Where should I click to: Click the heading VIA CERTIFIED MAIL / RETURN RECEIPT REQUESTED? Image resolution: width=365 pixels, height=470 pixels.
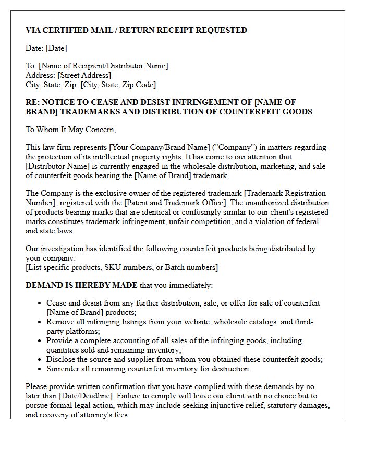point(136,30)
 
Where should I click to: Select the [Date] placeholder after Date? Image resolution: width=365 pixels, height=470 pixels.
point(56,49)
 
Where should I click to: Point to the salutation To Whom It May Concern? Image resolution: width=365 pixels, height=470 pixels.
point(70,130)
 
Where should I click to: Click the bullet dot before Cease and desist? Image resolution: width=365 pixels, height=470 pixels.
point(40,303)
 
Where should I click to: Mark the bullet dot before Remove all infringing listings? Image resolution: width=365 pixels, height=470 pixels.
point(40,322)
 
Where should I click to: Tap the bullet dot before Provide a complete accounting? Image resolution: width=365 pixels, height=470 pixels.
point(40,341)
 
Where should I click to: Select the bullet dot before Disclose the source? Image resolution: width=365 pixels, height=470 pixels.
point(40,360)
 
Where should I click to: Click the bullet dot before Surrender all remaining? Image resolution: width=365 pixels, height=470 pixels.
point(40,369)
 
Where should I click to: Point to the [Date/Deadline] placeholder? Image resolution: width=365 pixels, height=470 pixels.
point(77,396)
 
